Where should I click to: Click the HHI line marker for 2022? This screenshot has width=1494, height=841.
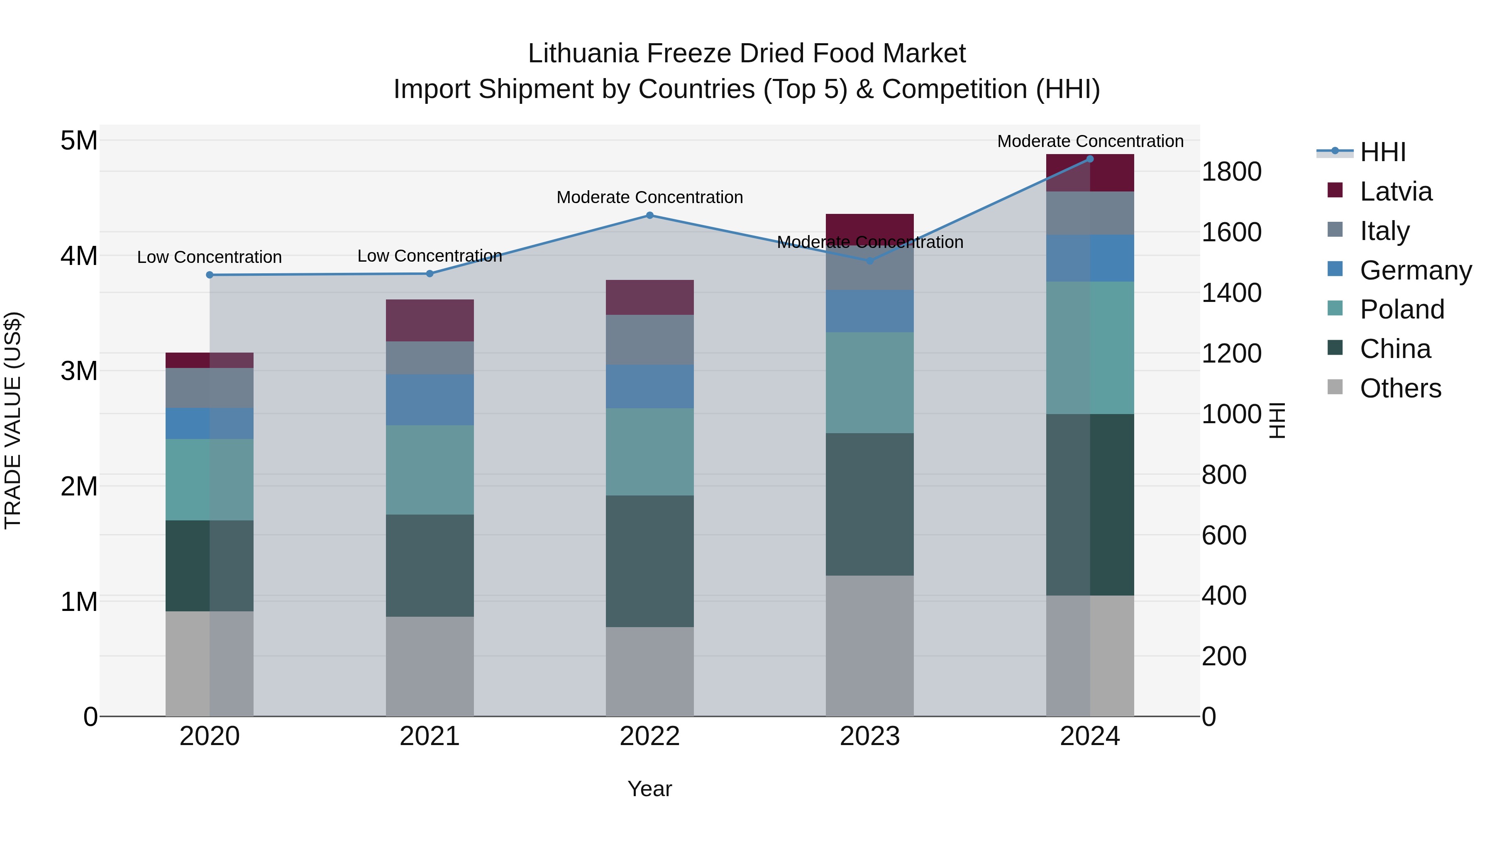[649, 215]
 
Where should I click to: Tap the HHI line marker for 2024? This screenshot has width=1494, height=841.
[1090, 159]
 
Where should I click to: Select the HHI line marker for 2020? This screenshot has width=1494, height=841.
[210, 275]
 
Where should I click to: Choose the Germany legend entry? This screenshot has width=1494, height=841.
[1415, 270]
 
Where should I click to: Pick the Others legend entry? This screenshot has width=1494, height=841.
[1400, 388]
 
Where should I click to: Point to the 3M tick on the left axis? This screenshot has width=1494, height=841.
[79, 371]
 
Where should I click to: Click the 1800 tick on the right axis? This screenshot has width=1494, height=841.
[1231, 172]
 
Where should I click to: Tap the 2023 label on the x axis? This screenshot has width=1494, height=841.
[869, 736]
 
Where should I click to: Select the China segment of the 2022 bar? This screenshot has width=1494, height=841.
[649, 561]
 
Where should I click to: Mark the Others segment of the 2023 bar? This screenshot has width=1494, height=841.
[869, 645]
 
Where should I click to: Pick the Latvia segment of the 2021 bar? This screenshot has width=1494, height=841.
[430, 320]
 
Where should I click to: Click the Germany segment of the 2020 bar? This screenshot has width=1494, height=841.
[210, 423]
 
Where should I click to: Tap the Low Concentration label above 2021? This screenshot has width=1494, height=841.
[430, 256]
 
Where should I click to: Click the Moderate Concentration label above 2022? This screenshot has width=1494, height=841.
[649, 197]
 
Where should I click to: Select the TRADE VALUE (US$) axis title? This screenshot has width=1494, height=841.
[13, 420]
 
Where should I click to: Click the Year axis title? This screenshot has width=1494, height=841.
[649, 789]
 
